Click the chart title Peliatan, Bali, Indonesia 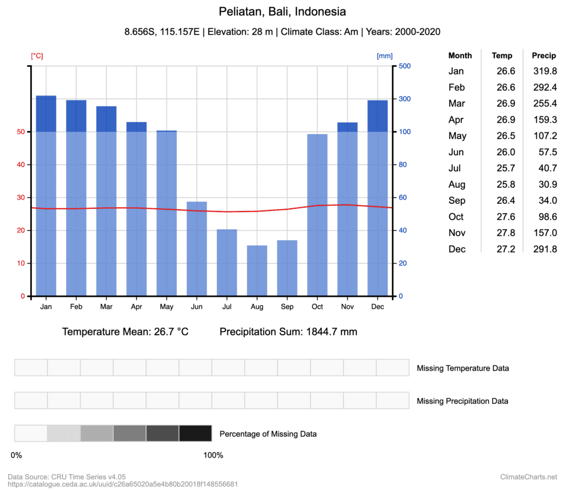[x=282, y=12]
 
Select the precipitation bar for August [x=257, y=271]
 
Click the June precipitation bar [x=197, y=249]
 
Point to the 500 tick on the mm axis [x=404, y=66]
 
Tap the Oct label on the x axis [x=317, y=307]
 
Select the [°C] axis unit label [x=37, y=56]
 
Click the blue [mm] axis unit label [x=385, y=56]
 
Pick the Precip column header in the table [x=543, y=55]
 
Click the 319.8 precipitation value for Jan [x=545, y=71]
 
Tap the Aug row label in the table [x=457, y=184]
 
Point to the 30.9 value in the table [x=547, y=184]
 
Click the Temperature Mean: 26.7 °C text [x=125, y=332]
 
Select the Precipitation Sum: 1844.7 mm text [x=288, y=332]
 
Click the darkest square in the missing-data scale [x=195, y=434]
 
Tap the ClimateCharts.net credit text [x=529, y=477]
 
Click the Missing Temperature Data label [x=463, y=368]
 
